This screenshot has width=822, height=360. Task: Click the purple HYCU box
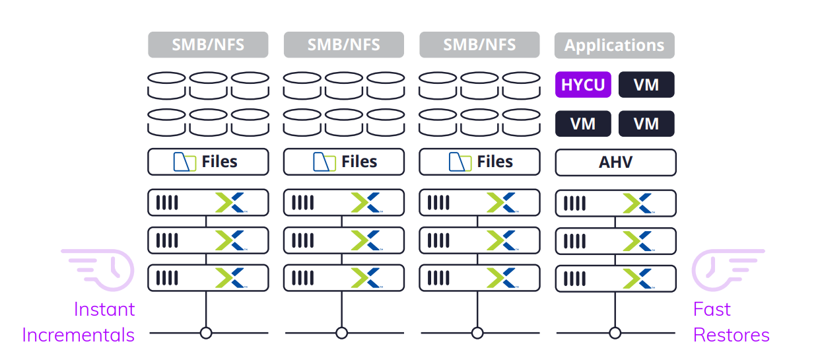point(583,85)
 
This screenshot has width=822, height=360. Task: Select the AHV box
point(615,162)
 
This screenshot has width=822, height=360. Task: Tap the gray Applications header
point(614,46)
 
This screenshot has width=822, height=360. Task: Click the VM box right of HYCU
point(646,85)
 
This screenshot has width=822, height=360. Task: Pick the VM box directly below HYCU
point(583,124)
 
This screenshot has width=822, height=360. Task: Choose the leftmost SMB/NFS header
point(208,45)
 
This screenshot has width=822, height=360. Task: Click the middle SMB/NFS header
point(343,45)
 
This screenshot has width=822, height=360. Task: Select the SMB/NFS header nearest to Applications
point(479,45)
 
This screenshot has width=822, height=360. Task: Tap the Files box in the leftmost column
point(208,162)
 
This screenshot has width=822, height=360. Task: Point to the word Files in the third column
point(495,162)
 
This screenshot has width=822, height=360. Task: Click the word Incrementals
point(78,335)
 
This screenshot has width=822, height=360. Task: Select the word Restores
point(731,335)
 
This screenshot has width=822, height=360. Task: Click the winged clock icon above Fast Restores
point(726,268)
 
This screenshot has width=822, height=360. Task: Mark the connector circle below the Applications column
point(615,333)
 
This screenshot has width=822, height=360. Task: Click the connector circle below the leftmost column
point(206,333)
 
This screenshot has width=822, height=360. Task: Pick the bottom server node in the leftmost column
point(208,278)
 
